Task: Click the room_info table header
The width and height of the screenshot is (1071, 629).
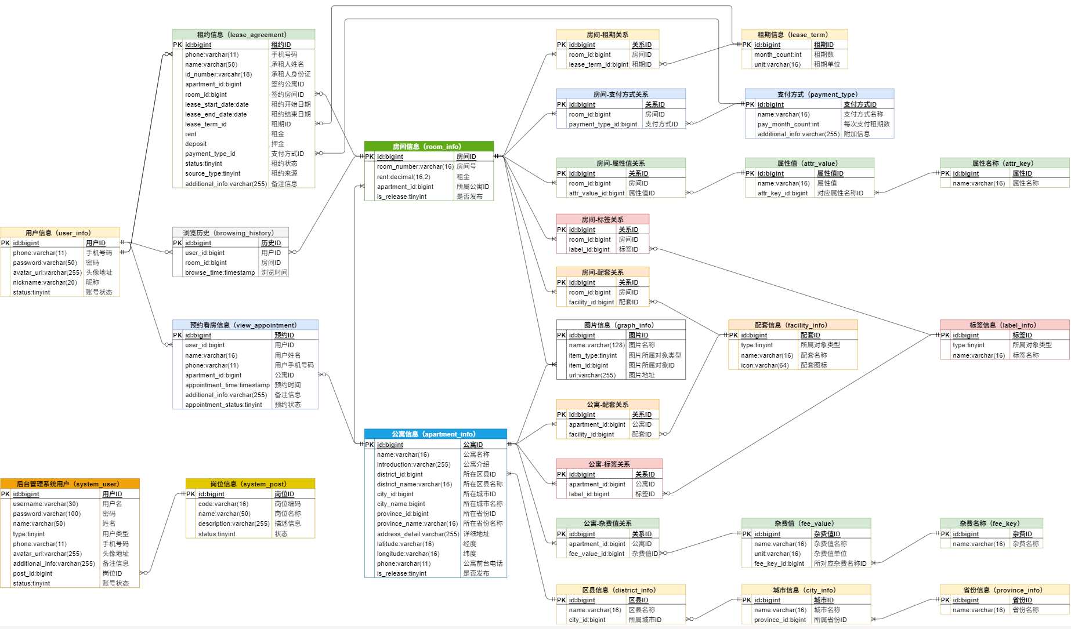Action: coord(429,147)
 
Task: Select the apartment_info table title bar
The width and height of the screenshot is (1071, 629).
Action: coord(435,434)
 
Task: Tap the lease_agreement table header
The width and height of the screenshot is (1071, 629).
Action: coord(243,35)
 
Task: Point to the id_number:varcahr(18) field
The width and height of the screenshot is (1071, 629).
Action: coord(218,74)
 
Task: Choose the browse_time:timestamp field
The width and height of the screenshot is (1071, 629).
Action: coord(220,272)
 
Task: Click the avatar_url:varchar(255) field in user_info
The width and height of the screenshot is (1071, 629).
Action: coord(47,272)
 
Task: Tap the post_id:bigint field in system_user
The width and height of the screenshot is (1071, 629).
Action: coord(32,573)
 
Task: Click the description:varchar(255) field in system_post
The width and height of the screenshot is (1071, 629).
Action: coord(233,523)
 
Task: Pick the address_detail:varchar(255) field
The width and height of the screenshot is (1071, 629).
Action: coord(418,534)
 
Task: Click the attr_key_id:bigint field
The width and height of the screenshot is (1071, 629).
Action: coord(782,193)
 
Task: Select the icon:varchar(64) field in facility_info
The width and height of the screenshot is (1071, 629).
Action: coord(764,365)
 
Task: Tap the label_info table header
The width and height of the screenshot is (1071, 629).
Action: coord(1004,325)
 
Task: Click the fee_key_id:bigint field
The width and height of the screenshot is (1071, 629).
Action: coord(779,563)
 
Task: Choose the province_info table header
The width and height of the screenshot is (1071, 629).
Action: coord(1004,590)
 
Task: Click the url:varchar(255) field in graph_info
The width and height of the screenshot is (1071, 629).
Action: coord(592,375)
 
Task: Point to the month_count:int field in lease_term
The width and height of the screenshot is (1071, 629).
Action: coord(777,54)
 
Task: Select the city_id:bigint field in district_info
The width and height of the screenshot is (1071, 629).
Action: coord(587,620)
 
